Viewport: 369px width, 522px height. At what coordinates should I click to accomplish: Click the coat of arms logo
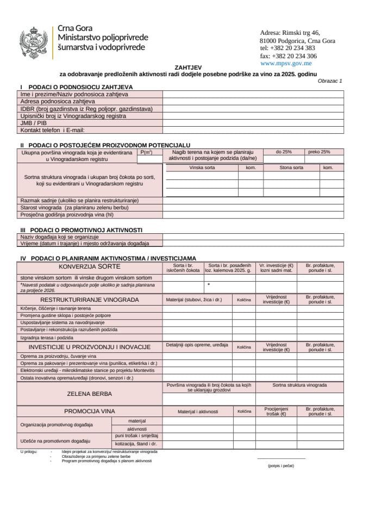(34, 43)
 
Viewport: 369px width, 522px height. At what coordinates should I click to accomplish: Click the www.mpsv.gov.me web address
(286, 64)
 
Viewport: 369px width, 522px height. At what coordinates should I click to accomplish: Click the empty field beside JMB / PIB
(253, 123)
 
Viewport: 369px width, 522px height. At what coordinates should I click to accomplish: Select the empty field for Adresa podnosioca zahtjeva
(253, 101)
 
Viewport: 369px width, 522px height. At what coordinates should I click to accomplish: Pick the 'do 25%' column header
(284, 152)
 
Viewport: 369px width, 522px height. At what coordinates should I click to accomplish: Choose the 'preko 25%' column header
(319, 152)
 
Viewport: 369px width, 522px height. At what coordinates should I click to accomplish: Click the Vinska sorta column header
(202, 168)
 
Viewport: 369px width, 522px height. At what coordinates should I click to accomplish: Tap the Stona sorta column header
(291, 168)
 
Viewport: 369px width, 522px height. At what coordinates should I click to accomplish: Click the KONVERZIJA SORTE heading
(90, 267)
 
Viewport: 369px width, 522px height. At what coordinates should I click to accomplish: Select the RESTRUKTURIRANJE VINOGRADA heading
(90, 300)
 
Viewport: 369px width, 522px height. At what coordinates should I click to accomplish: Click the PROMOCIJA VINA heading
(90, 412)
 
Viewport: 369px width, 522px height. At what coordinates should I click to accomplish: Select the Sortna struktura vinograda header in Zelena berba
(300, 385)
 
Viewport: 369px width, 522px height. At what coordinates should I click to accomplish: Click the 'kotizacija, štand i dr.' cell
(136, 444)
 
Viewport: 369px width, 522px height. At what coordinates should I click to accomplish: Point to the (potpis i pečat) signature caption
(281, 466)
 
